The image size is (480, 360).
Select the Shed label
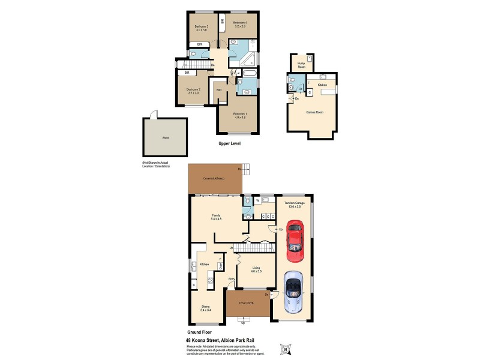pos(165,138)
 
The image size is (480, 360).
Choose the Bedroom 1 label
pos(239,115)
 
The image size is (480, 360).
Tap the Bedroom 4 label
pos(240,25)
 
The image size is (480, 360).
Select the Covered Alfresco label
pos(214,179)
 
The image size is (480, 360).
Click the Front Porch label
pos(247,303)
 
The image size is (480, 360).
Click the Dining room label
pos(205,308)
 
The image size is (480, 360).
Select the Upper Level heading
pos(230,144)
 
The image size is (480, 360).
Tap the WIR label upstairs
pos(219,91)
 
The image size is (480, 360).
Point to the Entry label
pos(231,279)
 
